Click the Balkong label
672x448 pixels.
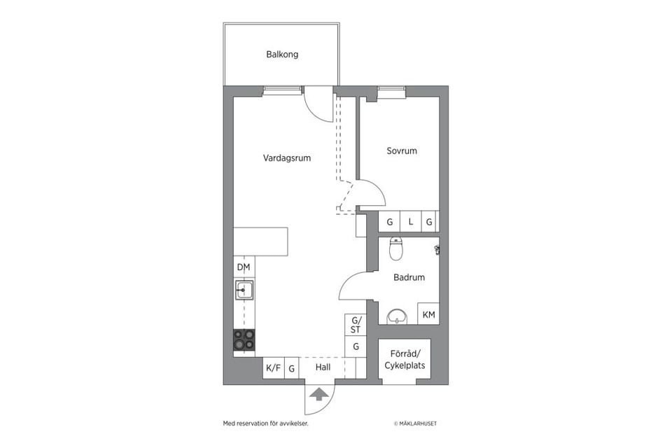tap(282, 54)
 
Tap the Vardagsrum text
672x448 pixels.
tap(286, 158)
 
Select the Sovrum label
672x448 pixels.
tap(402, 150)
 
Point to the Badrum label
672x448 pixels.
tap(409, 277)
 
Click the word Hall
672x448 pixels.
tap(323, 366)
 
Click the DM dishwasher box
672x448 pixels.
tap(244, 267)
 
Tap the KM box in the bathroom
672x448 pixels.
tap(428, 314)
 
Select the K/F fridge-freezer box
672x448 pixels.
tap(272, 367)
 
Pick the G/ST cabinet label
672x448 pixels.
tap(356, 324)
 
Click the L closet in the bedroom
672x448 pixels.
tap(411, 222)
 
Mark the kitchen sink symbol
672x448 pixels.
tap(244, 289)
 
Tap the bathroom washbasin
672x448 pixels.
tap(397, 316)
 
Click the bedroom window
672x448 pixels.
tap(391, 90)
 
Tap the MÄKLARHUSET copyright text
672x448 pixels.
tap(416, 423)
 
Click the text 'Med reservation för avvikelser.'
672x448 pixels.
tap(265, 423)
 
